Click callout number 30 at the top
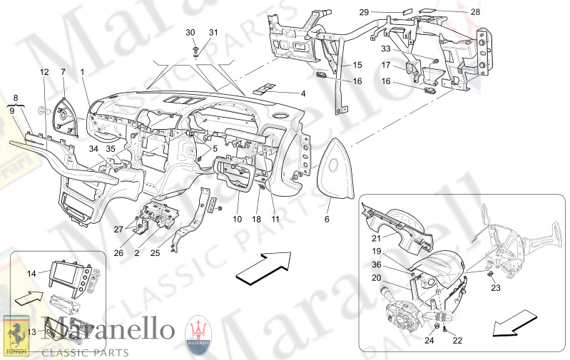coord(190,33)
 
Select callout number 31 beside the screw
coord(213,33)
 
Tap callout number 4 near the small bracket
coord(302,93)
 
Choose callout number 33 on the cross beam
coord(386,51)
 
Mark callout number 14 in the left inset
coord(31,273)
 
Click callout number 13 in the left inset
coord(31,331)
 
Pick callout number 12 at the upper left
coord(44,72)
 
